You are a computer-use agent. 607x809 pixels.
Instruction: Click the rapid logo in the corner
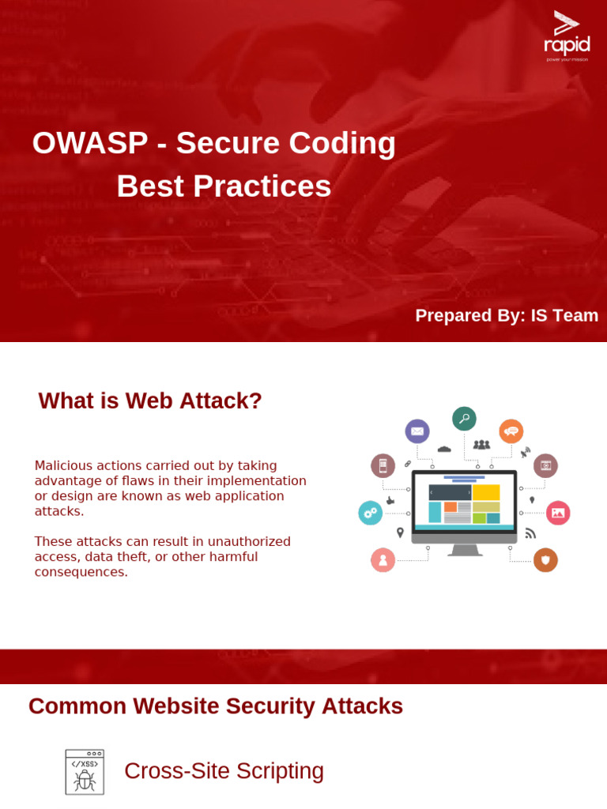point(567,36)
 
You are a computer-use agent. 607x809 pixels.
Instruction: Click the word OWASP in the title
point(90,143)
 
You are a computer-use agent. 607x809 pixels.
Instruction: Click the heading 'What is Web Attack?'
point(150,401)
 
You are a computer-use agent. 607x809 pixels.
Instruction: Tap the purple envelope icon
point(417,431)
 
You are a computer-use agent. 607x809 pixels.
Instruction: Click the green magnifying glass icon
point(464,419)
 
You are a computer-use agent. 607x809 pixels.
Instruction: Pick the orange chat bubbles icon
point(511,431)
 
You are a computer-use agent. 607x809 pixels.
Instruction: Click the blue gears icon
point(370,513)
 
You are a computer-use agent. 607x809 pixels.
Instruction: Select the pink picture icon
point(558,513)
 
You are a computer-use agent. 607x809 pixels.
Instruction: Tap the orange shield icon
point(545,559)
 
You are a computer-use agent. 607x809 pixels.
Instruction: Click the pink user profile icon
point(383,559)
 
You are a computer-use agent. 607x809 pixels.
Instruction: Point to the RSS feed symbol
point(530,533)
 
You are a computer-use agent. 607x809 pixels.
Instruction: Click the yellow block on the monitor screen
point(486,492)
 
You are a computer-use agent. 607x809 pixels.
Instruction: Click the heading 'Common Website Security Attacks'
point(216,706)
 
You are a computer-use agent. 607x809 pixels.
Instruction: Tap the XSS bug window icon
point(85,772)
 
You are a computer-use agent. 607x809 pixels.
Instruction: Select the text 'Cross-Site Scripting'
point(224,771)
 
